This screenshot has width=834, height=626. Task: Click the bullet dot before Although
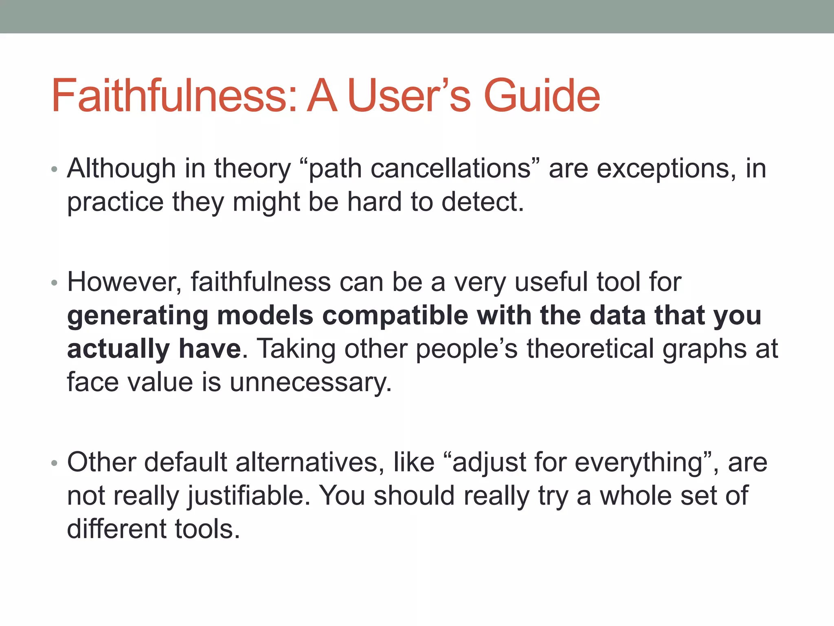[55, 170]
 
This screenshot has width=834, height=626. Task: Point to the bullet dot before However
[55, 283]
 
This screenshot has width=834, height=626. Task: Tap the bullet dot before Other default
[55, 463]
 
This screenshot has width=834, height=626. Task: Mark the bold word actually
[118, 349]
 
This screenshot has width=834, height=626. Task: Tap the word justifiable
[246, 496]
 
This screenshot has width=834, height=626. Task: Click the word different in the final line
[116, 529]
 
